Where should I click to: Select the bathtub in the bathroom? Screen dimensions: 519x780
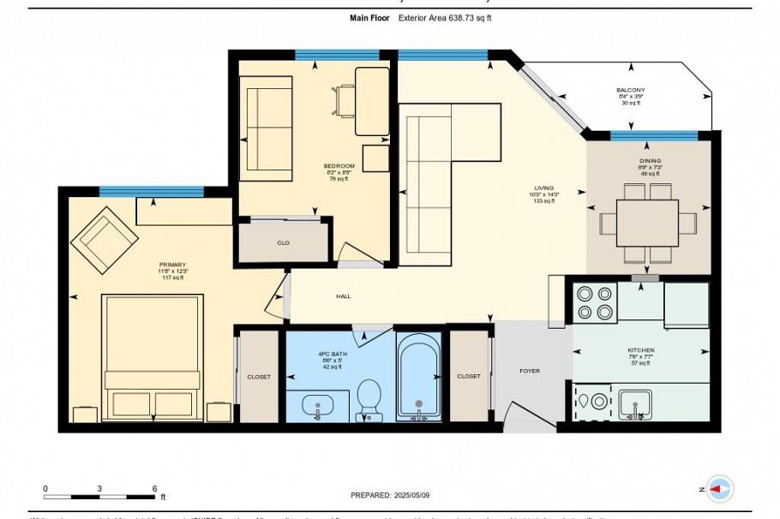[418, 377]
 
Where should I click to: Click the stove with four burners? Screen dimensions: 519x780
[594, 302]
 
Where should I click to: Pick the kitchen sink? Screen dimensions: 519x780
[635, 403]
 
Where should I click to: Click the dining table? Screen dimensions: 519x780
[647, 223]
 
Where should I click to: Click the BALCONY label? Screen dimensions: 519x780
[630, 90]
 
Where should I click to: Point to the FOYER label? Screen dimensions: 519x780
[530, 371]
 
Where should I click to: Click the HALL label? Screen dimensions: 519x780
[343, 296]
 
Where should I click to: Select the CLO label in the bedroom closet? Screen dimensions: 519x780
[283, 242]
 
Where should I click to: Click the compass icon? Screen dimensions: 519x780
[721, 489]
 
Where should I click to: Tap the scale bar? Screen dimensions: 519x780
[99, 496]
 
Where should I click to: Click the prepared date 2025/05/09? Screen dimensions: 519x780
[390, 496]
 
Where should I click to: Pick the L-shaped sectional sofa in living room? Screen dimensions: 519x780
[437, 171]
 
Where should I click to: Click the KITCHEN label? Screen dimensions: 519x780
[640, 350]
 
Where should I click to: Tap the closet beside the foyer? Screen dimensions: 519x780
[468, 376]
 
